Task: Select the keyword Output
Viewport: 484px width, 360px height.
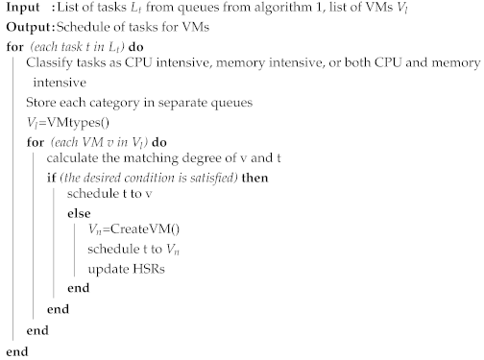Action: click(x=26, y=28)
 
